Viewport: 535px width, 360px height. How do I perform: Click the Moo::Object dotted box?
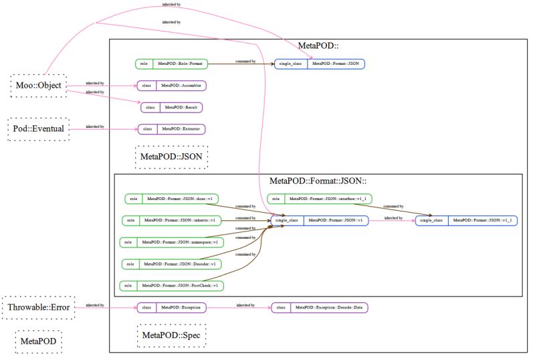click(x=38, y=86)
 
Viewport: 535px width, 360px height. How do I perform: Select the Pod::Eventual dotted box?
click(x=38, y=127)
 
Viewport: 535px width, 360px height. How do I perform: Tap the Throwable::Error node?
click(x=38, y=307)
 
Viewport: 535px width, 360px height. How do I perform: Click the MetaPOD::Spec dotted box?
click(x=171, y=335)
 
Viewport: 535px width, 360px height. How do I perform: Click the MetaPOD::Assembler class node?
click(x=171, y=86)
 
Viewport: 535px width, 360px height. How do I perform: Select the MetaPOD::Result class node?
click(x=172, y=107)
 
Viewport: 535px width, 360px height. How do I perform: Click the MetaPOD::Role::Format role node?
click(x=172, y=64)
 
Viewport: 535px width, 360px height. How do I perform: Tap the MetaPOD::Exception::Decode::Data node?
click(x=320, y=308)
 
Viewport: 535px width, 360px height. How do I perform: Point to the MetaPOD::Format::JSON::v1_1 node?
click(x=466, y=220)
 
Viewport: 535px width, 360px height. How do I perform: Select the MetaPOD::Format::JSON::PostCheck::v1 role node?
click(x=173, y=286)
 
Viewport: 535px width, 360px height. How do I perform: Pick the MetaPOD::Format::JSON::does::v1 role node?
click(x=172, y=199)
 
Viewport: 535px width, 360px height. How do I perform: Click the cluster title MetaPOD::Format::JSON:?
click(x=319, y=181)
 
